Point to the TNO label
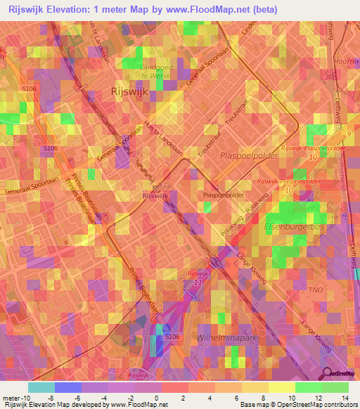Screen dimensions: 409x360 point(316,289)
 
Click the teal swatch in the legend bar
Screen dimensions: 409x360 point(41,387)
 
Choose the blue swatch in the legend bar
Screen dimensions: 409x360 point(67,387)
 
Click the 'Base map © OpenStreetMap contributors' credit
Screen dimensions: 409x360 point(297,405)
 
